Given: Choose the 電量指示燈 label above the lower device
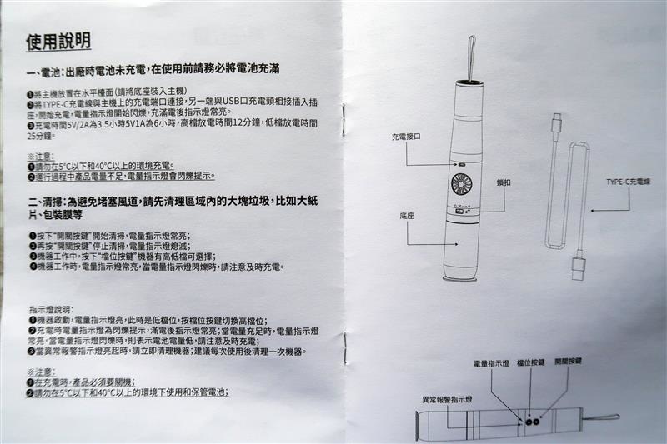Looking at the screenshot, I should [x=491, y=363].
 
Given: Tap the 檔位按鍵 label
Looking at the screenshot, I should [x=530, y=362].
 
